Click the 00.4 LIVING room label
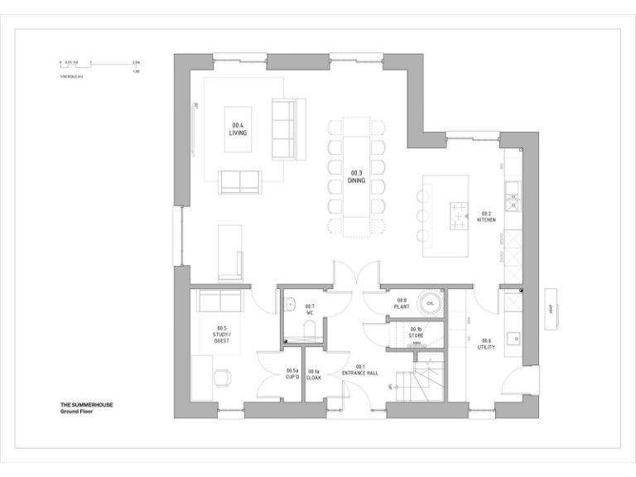click(x=238, y=128)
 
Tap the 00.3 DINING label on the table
click(x=357, y=176)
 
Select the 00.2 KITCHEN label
click(x=487, y=218)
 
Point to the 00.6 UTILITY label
click(x=486, y=344)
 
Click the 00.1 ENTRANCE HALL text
click(x=361, y=370)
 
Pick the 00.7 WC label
click(x=310, y=310)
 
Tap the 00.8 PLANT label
click(x=402, y=303)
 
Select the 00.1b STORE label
click(x=416, y=332)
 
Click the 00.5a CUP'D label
click(x=291, y=373)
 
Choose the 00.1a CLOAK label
click(x=314, y=373)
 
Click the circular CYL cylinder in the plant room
click(x=431, y=304)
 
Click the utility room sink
click(x=513, y=338)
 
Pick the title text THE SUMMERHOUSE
click(x=86, y=405)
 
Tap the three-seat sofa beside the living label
click(x=284, y=128)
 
